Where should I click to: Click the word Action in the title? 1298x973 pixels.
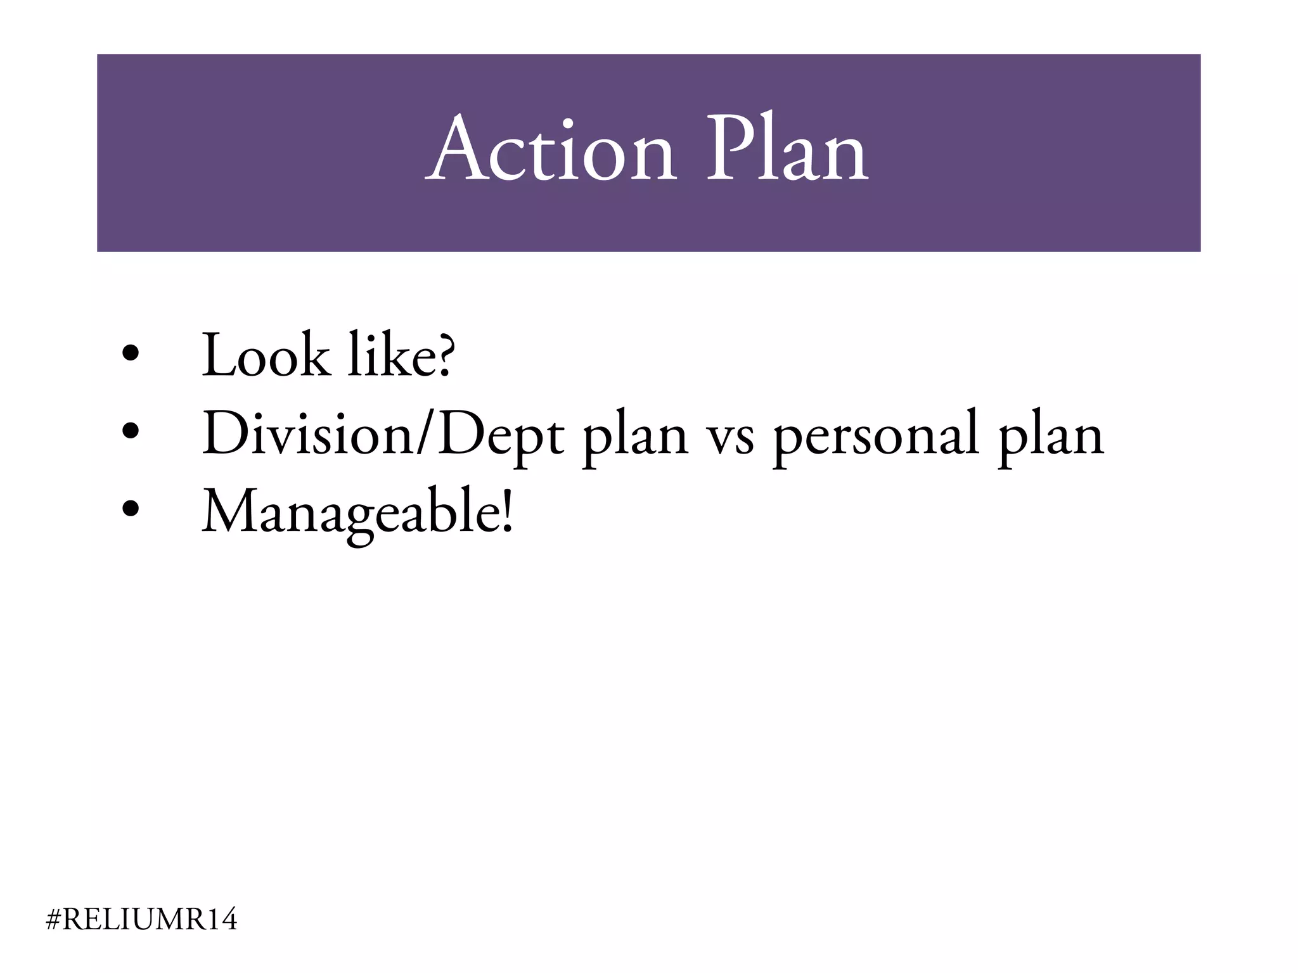550,151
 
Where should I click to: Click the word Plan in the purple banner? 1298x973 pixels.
787,151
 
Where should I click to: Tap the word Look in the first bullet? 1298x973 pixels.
266,355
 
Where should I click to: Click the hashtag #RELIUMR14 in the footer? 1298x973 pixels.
142,919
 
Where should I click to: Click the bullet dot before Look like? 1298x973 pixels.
131,353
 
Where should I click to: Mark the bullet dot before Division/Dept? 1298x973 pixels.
131,431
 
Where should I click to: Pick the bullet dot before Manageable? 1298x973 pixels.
131,509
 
